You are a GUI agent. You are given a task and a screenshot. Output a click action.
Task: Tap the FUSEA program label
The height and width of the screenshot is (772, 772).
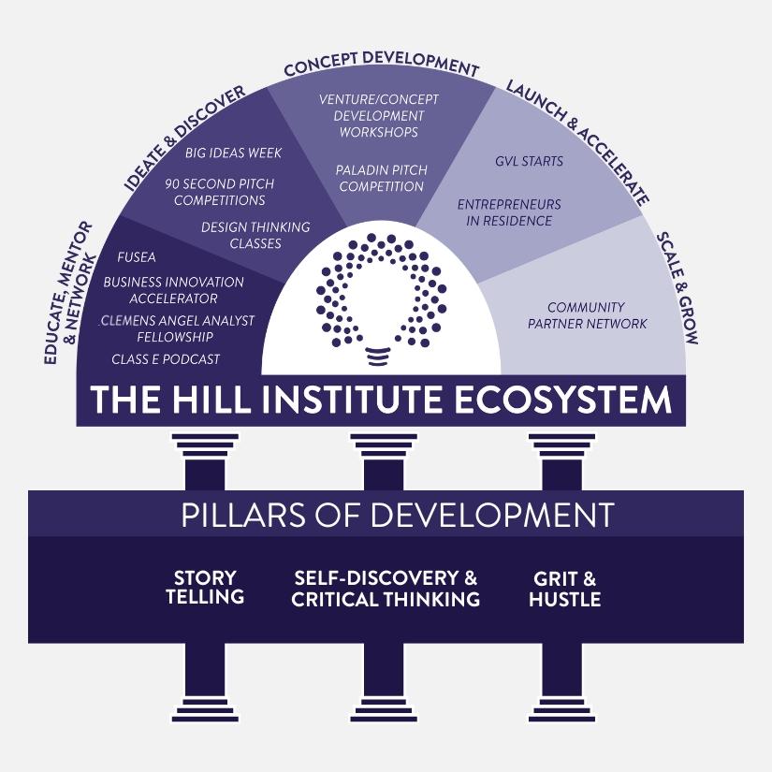pos(137,257)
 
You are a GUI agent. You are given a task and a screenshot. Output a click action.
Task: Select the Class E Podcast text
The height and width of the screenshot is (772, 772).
pos(166,358)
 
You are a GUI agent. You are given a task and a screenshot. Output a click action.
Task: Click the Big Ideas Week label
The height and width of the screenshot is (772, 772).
pos(233,153)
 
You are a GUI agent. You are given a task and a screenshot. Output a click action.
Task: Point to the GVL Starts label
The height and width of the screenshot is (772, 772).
pos(529,161)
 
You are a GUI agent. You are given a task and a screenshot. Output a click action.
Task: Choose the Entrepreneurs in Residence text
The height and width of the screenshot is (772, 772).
pos(509,212)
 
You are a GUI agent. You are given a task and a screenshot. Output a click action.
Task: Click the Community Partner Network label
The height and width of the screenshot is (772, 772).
pos(587,315)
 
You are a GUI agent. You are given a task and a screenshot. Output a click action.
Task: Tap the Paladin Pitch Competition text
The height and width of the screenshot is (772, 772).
pos(382,178)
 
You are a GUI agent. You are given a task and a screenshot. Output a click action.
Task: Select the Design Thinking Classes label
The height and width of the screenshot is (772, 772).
pos(255,235)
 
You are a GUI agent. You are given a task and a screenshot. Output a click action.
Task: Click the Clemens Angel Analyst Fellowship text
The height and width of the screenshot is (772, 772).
pos(177,328)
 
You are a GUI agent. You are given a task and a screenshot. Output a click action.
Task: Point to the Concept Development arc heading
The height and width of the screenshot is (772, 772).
pos(381,67)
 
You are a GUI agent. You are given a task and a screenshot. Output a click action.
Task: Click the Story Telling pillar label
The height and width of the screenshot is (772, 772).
pos(205,588)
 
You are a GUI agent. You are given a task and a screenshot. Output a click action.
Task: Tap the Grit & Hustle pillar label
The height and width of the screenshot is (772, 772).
pos(564,588)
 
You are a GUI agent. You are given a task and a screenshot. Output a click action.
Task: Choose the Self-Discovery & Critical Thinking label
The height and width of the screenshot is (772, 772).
pos(385,588)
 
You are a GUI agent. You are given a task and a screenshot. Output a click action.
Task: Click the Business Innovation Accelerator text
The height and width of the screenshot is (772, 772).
pos(173,290)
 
